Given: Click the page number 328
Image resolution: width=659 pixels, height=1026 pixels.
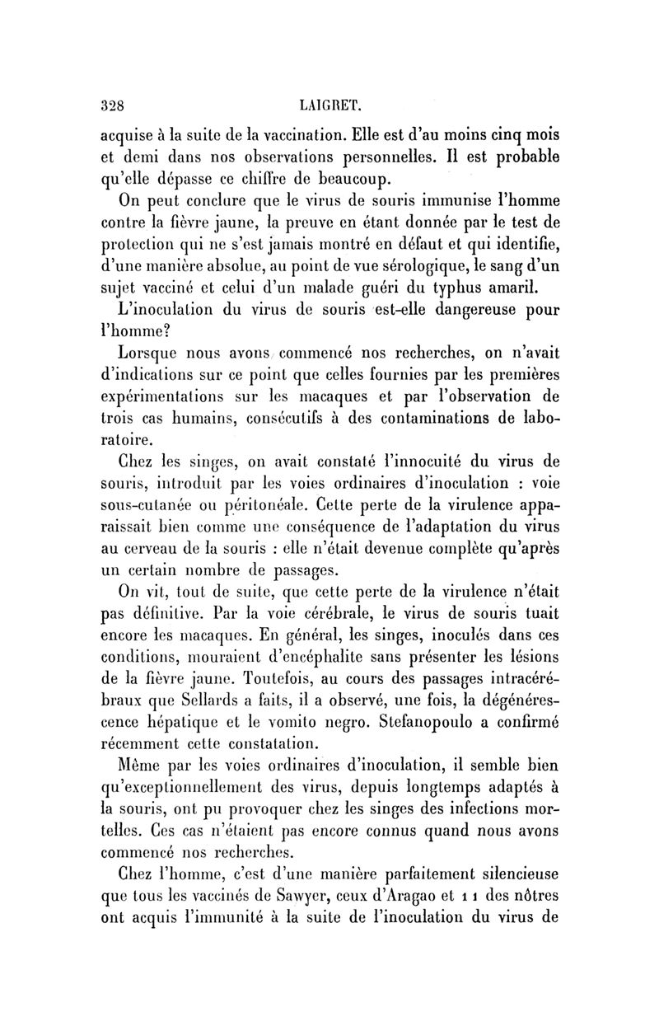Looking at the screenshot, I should (x=111, y=105).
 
